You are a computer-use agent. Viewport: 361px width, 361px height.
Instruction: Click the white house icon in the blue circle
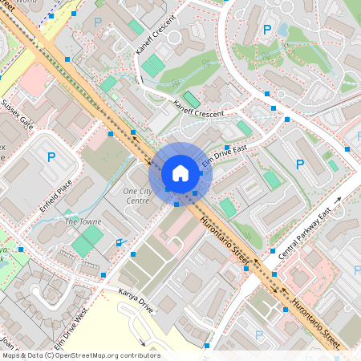tap(180, 172)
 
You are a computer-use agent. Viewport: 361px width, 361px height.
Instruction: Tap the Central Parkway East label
tap(304, 234)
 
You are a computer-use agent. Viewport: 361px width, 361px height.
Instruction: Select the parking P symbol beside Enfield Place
tap(51, 157)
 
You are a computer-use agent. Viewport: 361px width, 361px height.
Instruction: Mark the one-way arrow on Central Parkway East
tap(339, 201)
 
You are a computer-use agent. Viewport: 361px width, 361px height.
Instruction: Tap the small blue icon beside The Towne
tap(120, 242)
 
